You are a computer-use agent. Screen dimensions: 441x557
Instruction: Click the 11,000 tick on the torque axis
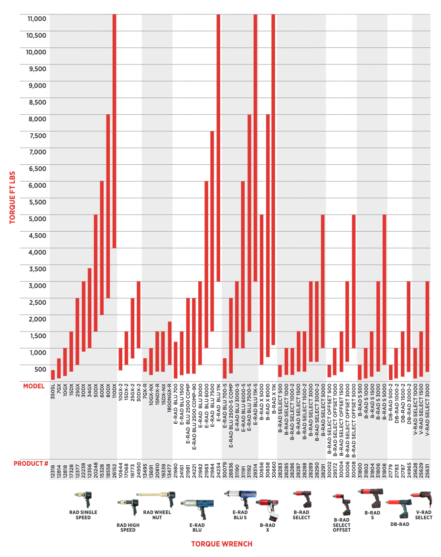pyautogui.click(x=37, y=19)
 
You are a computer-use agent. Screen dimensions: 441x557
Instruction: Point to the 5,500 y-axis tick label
pyautogui.click(x=37, y=202)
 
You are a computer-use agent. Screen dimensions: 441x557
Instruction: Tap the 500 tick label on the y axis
pyautogui.click(x=40, y=369)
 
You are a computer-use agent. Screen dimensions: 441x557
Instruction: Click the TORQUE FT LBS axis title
pyautogui.click(x=12, y=197)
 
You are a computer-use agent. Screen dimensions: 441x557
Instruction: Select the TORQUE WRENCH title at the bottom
pyautogui.click(x=222, y=544)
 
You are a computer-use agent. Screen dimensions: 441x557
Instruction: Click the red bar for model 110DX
pyautogui.click(x=114, y=131)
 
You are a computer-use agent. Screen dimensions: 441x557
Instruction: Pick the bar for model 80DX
pyautogui.click(x=108, y=206)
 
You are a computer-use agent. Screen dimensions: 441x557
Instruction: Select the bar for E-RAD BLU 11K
pyautogui.click(x=218, y=148)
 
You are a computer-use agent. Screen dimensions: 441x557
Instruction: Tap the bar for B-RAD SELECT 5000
pyautogui.click(x=323, y=281)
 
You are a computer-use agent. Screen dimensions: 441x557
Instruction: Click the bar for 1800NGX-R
pyautogui.click(x=170, y=343)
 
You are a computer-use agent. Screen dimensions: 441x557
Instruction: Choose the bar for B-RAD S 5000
pyautogui.click(x=384, y=289)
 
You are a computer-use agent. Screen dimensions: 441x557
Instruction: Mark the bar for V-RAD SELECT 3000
pyautogui.click(x=428, y=326)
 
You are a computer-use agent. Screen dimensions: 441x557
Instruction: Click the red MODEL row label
pyautogui.click(x=34, y=386)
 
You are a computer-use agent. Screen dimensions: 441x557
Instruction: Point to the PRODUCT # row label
pyautogui.click(x=31, y=463)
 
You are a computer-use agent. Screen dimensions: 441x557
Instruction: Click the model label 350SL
pyautogui.click(x=53, y=391)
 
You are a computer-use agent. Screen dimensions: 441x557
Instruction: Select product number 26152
pyautogui.click(x=114, y=471)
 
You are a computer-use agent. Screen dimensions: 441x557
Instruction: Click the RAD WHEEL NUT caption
pyautogui.click(x=157, y=515)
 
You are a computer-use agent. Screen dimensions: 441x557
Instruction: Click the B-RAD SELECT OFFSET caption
pyautogui.click(x=342, y=525)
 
